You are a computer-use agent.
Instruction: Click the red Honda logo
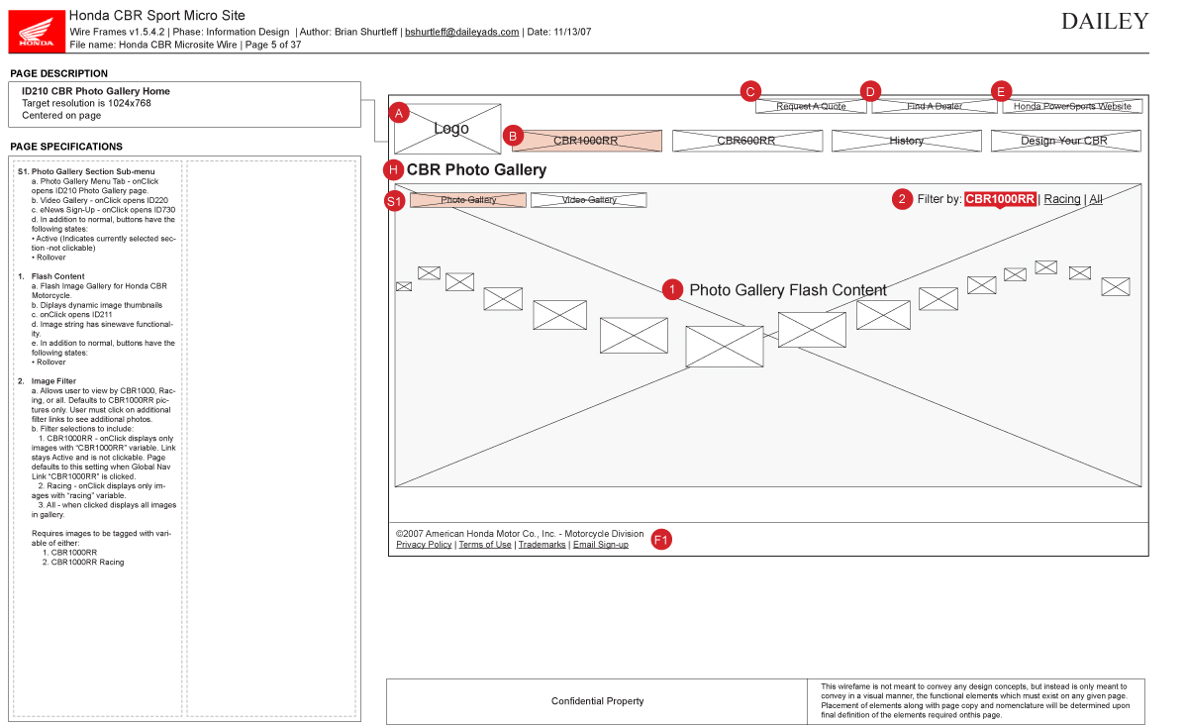(x=38, y=31)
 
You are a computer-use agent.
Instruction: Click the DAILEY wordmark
(x=1105, y=21)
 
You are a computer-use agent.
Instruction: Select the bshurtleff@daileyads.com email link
(x=461, y=32)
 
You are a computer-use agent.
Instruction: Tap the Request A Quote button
(x=811, y=106)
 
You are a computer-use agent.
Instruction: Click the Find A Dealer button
(x=935, y=106)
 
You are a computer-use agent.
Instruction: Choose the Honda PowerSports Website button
(x=1072, y=106)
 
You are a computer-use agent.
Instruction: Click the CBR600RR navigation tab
(x=746, y=141)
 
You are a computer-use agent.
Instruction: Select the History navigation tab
(x=906, y=141)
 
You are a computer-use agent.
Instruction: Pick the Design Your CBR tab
(x=1064, y=141)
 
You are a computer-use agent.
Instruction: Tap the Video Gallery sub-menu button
(x=588, y=200)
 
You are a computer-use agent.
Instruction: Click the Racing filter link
(x=1062, y=199)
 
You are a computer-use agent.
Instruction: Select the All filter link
(x=1096, y=199)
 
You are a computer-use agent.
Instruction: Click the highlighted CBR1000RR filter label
(x=1000, y=199)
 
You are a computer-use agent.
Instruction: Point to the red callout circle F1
(x=661, y=540)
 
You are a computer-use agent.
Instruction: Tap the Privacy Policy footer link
(x=424, y=545)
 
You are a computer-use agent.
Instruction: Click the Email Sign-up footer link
(x=600, y=545)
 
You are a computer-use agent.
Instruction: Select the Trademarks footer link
(x=542, y=545)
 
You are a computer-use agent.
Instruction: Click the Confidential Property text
(x=597, y=701)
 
